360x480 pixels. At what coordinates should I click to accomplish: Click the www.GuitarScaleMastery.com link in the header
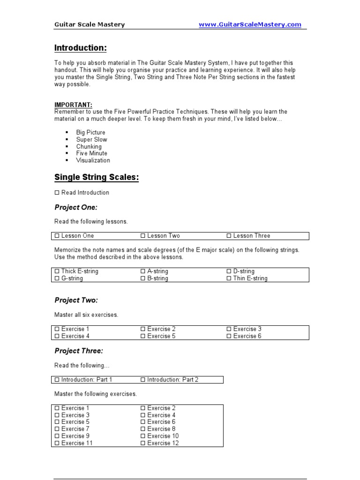pyautogui.click(x=250, y=24)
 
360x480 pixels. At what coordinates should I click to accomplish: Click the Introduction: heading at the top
pyautogui.click(x=80, y=48)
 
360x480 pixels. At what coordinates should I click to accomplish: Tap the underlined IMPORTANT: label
pyautogui.click(x=73, y=105)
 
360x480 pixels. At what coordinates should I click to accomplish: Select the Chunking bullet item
pyautogui.click(x=89, y=146)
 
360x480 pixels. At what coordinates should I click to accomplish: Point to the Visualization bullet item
pyautogui.click(x=93, y=160)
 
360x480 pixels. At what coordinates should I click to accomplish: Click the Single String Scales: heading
pyautogui.click(x=97, y=177)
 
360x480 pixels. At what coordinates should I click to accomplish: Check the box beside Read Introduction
pyautogui.click(x=57, y=193)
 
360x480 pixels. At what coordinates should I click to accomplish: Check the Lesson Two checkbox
pyautogui.click(x=143, y=236)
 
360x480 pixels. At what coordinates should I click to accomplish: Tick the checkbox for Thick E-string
pyautogui.click(x=57, y=271)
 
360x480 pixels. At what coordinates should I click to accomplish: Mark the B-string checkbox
pyautogui.click(x=143, y=278)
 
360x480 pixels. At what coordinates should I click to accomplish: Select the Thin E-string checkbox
pyautogui.click(x=229, y=278)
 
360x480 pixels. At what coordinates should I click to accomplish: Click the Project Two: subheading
pyautogui.click(x=76, y=300)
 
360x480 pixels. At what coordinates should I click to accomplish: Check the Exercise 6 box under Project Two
pyautogui.click(x=229, y=336)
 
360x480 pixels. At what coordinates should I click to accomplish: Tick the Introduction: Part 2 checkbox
pyautogui.click(x=143, y=380)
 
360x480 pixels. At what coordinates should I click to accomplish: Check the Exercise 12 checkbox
pyautogui.click(x=143, y=443)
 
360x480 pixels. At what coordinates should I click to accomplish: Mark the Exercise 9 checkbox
pyautogui.click(x=57, y=436)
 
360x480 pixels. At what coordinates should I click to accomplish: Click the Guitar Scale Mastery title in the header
pyautogui.click(x=90, y=24)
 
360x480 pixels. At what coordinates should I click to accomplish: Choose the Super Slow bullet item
pyautogui.click(x=91, y=139)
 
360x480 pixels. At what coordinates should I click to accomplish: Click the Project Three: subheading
pyautogui.click(x=79, y=351)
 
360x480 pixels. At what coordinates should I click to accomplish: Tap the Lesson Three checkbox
pyautogui.click(x=229, y=236)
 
